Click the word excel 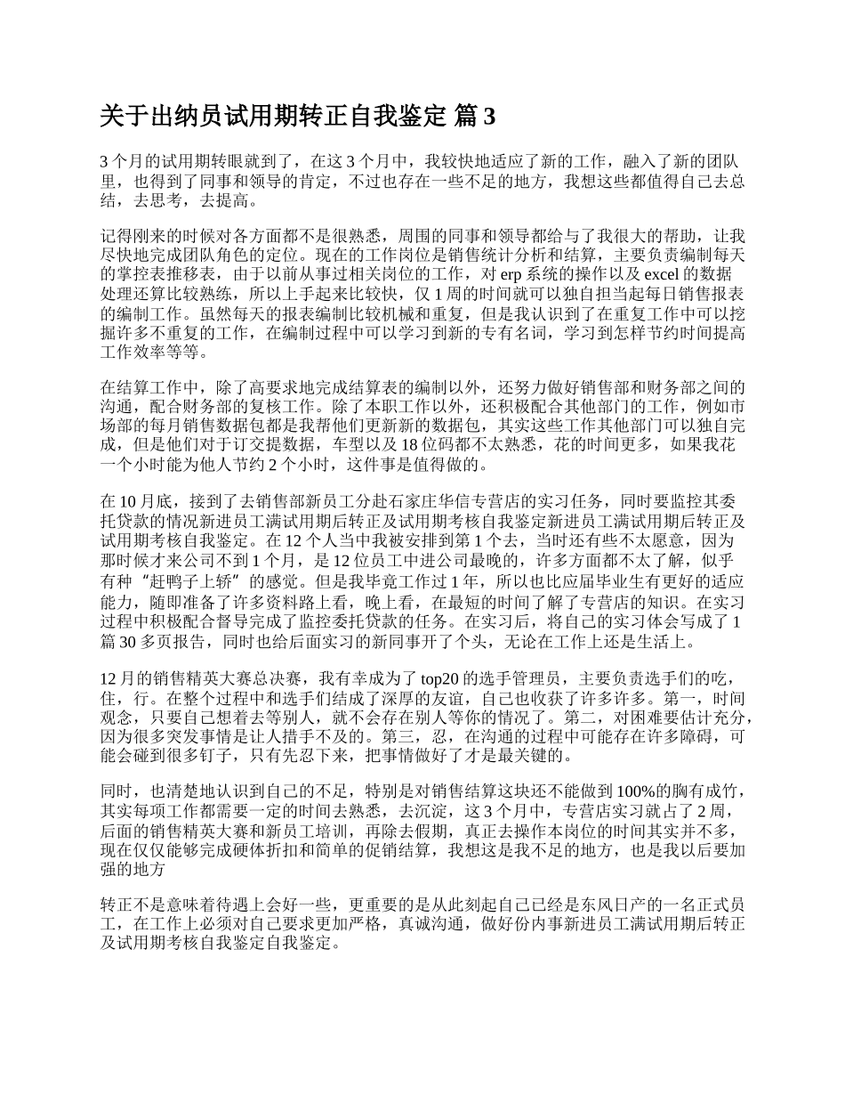[659, 273]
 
